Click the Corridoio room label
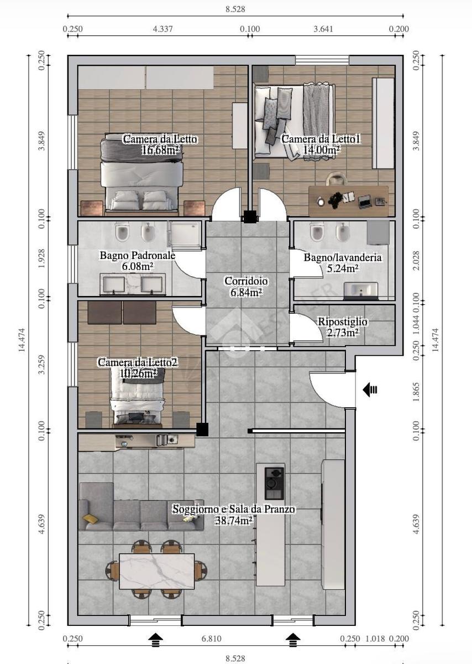[x=246, y=281]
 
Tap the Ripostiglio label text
[x=343, y=321]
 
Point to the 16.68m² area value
[x=160, y=151]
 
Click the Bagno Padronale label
[x=138, y=255]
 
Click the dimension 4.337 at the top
[x=162, y=29]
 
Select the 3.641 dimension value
[x=323, y=29]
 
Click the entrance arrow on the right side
[x=370, y=390]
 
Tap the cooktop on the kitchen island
[x=274, y=483]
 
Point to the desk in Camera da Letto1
[x=348, y=201]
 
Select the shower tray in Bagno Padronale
[x=185, y=234]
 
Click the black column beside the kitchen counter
[x=202, y=429]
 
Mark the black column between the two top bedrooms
[x=250, y=217]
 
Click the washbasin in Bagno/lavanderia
[x=361, y=290]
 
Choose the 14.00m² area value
[x=321, y=150]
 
